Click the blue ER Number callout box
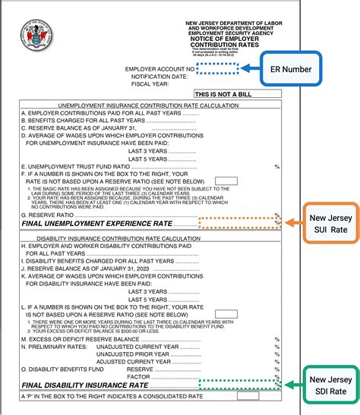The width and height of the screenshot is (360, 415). click(290, 69)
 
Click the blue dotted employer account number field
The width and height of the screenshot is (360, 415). click(218, 68)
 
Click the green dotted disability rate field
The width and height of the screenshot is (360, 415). click(238, 385)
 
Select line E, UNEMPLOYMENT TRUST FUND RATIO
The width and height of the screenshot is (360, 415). click(75, 166)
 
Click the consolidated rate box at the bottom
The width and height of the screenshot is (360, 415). click(248, 396)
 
